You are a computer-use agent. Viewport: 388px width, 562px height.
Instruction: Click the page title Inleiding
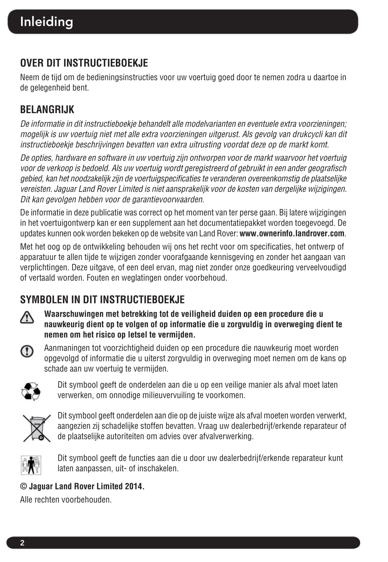point(47,22)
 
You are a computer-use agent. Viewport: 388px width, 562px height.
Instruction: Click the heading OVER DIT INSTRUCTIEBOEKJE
point(84,63)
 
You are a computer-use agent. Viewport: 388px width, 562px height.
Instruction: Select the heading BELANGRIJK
point(47,109)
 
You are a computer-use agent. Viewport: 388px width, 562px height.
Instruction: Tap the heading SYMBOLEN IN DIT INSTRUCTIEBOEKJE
point(102,299)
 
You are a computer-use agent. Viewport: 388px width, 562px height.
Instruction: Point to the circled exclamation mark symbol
point(27,351)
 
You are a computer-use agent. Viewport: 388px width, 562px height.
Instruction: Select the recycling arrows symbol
point(31,391)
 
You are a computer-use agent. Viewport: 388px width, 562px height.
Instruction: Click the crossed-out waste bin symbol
point(36,428)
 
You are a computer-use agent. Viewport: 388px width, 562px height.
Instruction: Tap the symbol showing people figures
point(31,465)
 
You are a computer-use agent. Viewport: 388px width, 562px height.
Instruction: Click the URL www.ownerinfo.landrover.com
point(292,233)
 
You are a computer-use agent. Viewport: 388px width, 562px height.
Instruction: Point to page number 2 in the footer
point(22,543)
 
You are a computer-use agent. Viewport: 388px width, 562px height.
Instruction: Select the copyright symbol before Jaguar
point(23,486)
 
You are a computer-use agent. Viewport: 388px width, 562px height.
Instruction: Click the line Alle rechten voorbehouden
point(66,499)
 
